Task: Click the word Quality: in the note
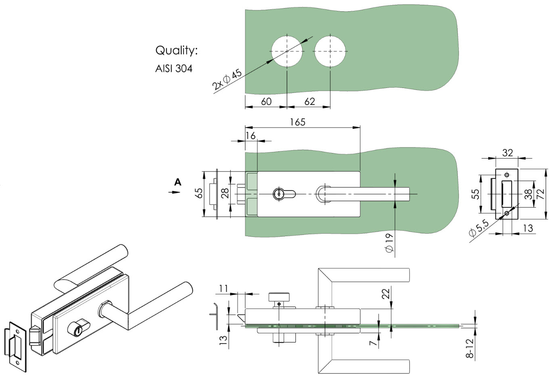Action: coord(176,50)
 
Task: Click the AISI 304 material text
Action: coord(174,68)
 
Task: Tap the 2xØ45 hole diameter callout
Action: coord(227,80)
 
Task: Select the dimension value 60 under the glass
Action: coord(266,101)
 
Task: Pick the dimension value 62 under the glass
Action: coord(309,101)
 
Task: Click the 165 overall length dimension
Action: coord(298,122)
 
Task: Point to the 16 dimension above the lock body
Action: coord(251,136)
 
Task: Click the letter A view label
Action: coord(178,182)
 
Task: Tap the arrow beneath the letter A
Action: coord(174,192)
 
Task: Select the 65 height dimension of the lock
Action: coord(199,193)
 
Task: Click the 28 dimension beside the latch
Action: coord(225,193)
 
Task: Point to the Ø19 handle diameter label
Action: coord(389,243)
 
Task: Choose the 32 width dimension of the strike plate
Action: coord(508,153)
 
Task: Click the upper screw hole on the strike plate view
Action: coord(507,175)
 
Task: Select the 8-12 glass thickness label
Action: coord(470,348)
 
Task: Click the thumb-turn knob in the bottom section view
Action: coord(279,297)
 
